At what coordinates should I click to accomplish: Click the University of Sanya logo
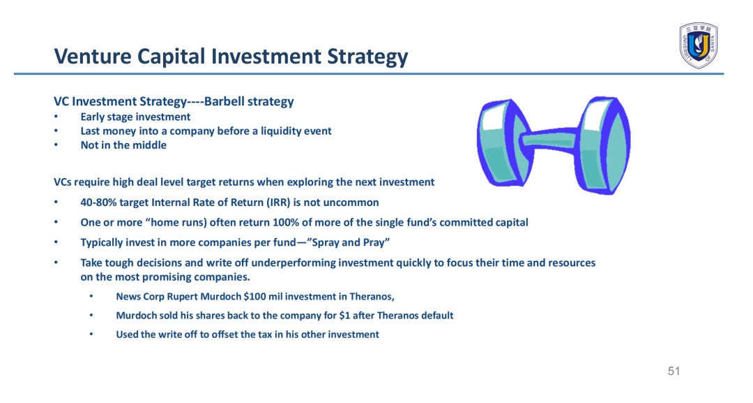click(x=698, y=45)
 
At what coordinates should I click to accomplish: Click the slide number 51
click(x=674, y=371)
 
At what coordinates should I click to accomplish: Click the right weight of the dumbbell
click(x=603, y=145)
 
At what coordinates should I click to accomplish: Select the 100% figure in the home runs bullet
click(x=284, y=223)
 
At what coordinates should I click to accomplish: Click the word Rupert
click(x=182, y=297)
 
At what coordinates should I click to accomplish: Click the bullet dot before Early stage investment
click(x=56, y=117)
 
